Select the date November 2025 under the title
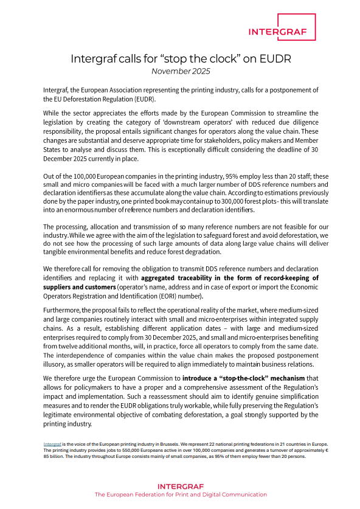click(180, 71)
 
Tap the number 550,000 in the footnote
click(127, 451)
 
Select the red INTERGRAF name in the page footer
click(180, 486)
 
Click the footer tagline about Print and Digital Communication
click(180, 494)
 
